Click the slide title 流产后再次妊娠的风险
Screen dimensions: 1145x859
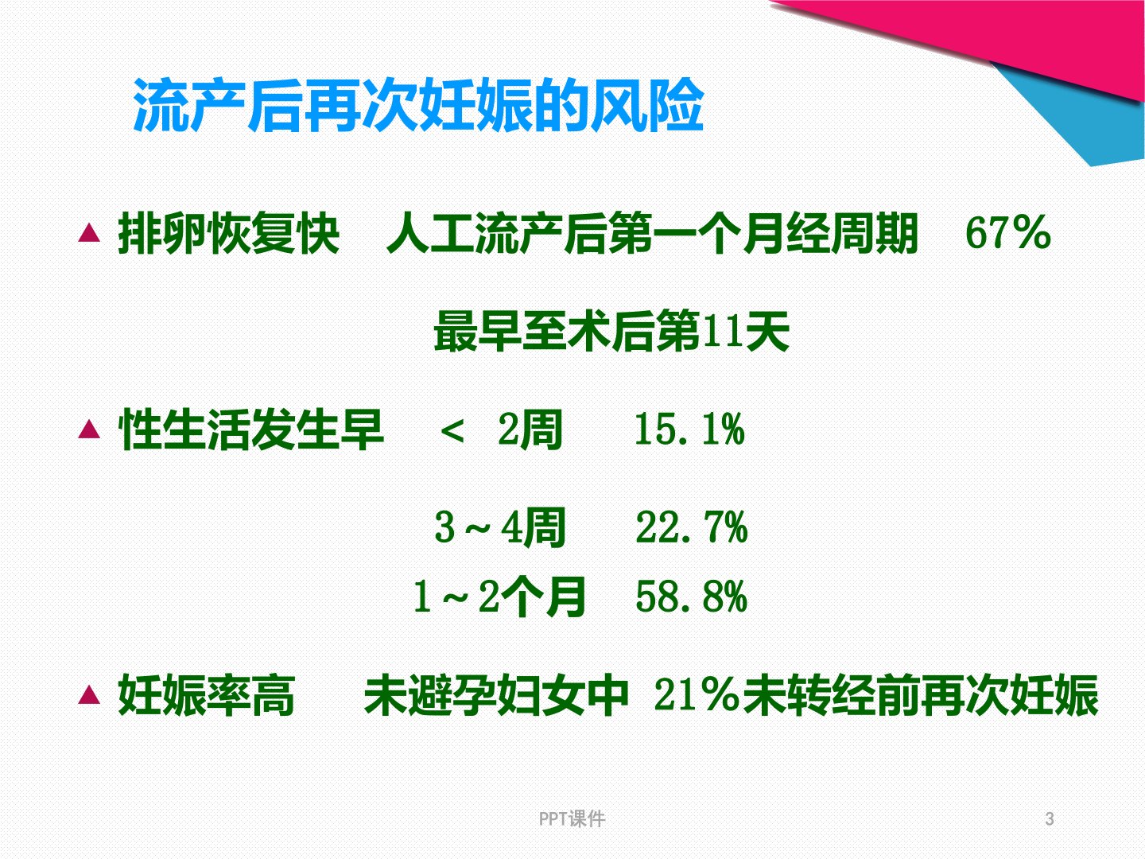[418, 105]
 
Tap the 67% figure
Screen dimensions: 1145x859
[1007, 233]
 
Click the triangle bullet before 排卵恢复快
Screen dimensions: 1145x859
[89, 232]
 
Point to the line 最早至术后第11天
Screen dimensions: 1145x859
[611, 331]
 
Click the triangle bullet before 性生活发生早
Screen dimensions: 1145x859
[89, 429]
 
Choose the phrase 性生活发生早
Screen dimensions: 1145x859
[251, 429]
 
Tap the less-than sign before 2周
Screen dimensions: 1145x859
[452, 431]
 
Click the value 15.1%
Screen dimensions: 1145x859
[689, 429]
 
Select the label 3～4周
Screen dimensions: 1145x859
[499, 527]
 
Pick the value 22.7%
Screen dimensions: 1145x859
[692, 527]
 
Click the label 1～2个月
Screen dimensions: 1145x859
[499, 597]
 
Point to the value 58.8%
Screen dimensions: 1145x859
[692, 597]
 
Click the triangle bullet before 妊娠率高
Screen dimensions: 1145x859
[89, 694]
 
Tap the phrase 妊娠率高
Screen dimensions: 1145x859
[207, 694]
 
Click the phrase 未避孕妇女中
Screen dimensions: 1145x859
[496, 694]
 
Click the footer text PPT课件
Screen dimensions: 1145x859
[572, 819]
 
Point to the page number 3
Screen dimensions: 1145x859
[1050, 819]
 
